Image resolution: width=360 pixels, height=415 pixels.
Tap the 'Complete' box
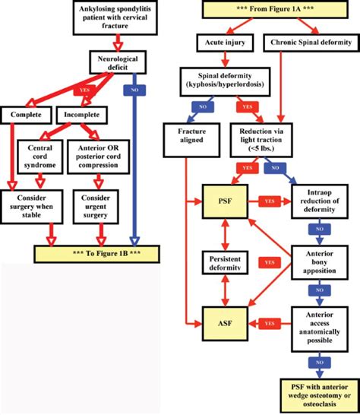click(x=26, y=115)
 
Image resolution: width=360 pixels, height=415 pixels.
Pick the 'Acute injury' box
click(x=222, y=43)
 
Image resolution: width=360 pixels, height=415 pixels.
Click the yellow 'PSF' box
click(x=220, y=201)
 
